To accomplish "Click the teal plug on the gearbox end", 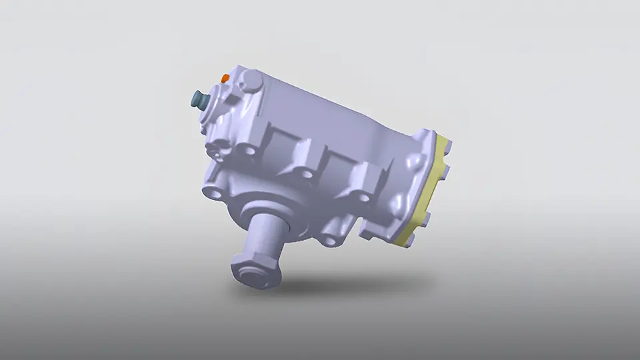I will click(x=199, y=101).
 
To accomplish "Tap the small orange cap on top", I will click(x=225, y=79).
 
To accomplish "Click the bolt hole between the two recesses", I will click(x=306, y=175).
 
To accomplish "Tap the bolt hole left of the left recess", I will click(x=248, y=151).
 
